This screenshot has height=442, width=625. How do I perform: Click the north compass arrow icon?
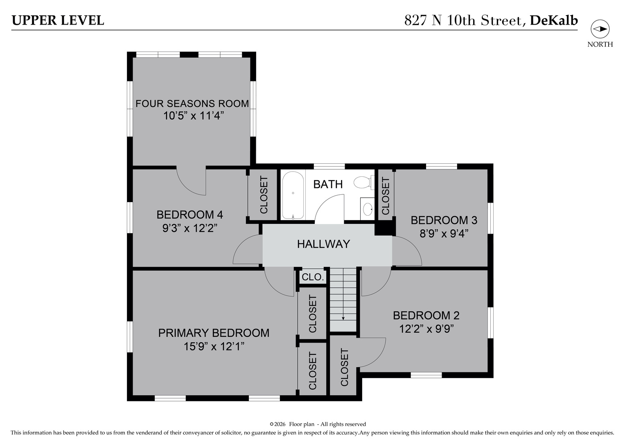(600, 29)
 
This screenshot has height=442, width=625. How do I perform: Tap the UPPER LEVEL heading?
(58, 20)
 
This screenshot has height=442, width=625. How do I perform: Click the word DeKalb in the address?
(553, 20)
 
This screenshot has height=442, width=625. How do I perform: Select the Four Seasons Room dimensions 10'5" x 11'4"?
(194, 115)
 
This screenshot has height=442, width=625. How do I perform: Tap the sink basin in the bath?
(368, 209)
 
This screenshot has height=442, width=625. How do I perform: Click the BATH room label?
(328, 185)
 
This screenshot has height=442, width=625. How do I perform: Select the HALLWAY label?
(323, 244)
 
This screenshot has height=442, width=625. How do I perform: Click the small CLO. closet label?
(313, 277)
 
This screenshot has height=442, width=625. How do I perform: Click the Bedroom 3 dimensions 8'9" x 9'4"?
(444, 234)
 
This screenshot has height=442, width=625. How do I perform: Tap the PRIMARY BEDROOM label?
(214, 333)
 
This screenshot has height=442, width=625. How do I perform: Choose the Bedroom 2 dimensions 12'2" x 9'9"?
(426, 329)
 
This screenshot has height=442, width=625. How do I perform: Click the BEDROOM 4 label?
(190, 214)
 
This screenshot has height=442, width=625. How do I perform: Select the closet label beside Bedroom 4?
(264, 195)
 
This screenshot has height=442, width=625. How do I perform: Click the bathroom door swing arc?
(329, 209)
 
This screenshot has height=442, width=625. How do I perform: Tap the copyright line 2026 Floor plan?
(318, 424)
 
